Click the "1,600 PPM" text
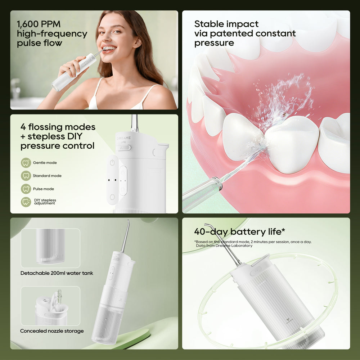(x=39, y=24)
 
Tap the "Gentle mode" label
(x=45, y=163)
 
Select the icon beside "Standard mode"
(x=26, y=176)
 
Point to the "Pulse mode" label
(x=44, y=189)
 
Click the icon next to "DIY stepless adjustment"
(x=26, y=202)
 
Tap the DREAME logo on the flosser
(x=123, y=138)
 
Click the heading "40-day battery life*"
(x=239, y=231)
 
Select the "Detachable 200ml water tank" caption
(x=57, y=273)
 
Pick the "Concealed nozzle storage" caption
(x=52, y=331)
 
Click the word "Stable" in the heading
(x=208, y=24)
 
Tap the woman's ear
(x=137, y=42)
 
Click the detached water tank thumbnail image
(x=50, y=248)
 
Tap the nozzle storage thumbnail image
(x=50, y=306)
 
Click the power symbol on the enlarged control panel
(x=112, y=163)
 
